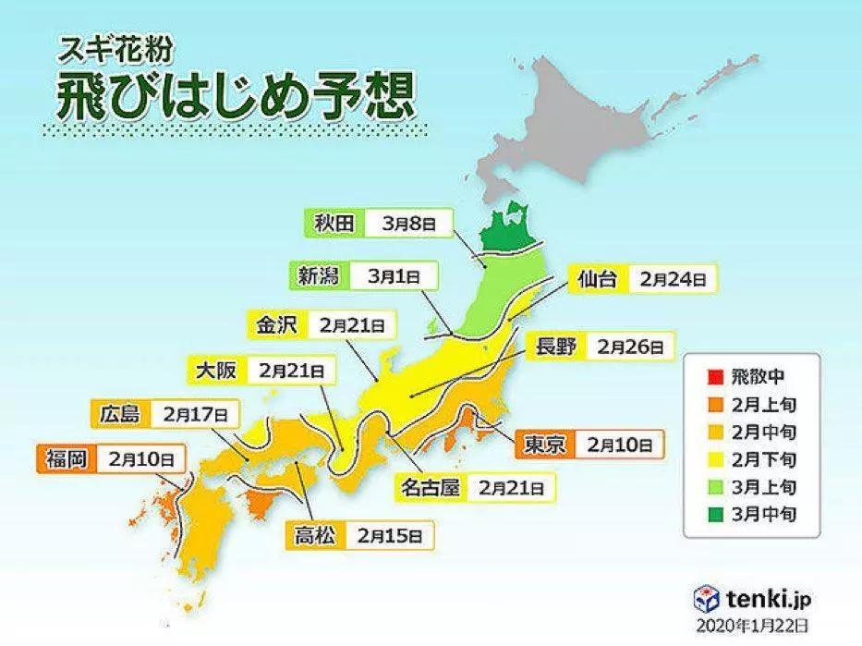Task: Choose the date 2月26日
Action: point(629,347)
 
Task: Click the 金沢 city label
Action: point(274,325)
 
